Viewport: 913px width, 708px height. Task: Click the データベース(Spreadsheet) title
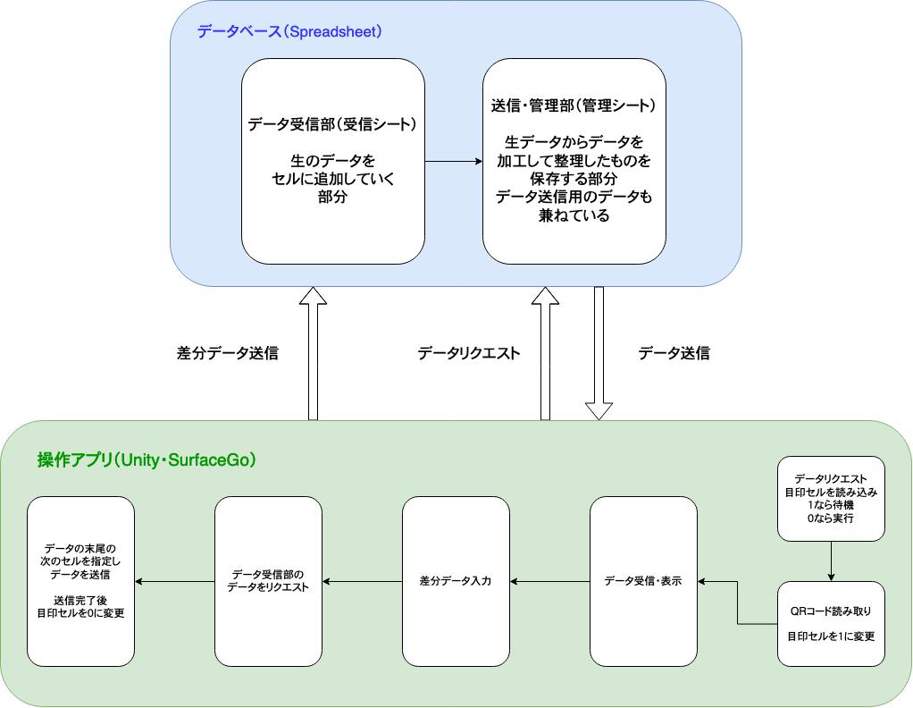click(289, 32)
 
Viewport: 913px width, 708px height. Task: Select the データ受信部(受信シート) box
click(333, 161)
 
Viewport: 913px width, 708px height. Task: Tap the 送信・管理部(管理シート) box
click(574, 161)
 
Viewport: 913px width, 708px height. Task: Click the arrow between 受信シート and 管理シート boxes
click(453, 162)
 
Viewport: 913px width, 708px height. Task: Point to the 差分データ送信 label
click(228, 353)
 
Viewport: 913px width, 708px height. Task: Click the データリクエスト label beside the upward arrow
click(469, 353)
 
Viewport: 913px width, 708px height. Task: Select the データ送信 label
click(674, 353)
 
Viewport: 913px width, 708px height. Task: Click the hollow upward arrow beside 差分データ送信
click(314, 353)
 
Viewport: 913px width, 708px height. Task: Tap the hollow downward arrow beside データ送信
click(599, 353)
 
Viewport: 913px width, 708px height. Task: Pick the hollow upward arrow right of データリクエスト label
click(545, 353)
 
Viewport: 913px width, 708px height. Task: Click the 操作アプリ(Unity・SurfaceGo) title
click(147, 460)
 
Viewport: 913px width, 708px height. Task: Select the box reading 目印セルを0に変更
click(81, 581)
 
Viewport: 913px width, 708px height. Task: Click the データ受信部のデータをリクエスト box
click(269, 581)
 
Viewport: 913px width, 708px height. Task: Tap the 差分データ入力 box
click(456, 581)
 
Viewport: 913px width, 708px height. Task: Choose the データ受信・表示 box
click(643, 581)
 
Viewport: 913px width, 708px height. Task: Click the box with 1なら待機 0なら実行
click(831, 499)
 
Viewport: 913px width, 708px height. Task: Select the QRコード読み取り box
click(831, 623)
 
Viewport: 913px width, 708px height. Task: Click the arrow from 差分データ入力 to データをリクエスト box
click(362, 582)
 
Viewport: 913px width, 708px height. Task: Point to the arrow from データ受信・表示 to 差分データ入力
click(549, 582)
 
